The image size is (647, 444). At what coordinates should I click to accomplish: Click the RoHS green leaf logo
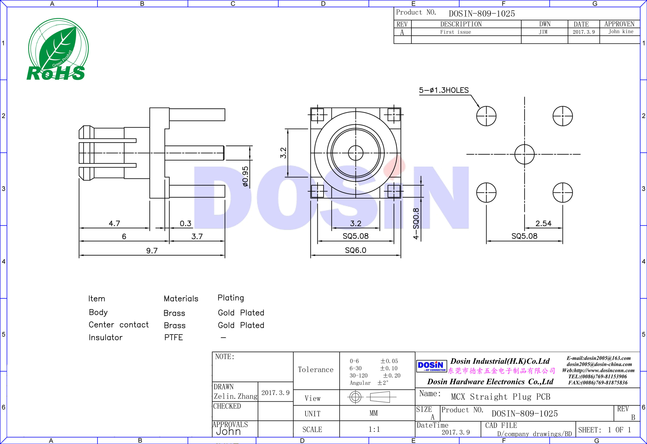tap(57, 50)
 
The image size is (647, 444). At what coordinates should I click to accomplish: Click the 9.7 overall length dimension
tap(152, 250)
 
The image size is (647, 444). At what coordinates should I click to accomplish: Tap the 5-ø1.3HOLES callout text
tap(444, 90)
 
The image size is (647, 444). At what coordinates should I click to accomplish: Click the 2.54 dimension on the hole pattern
tap(543, 223)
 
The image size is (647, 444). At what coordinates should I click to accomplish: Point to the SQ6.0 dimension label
tap(355, 250)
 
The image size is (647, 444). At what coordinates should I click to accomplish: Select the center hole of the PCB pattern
tap(524, 154)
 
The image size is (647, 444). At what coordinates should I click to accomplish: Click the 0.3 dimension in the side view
tap(185, 223)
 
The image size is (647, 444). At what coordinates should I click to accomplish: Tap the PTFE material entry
tap(173, 338)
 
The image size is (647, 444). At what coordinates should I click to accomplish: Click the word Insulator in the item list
tap(106, 338)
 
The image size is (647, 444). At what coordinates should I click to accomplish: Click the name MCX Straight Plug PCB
tap(500, 397)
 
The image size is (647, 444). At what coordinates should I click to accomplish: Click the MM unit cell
tap(374, 413)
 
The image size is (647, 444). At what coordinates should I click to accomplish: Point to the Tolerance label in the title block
tap(315, 370)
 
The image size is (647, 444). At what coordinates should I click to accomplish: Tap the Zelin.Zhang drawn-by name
tap(235, 396)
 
